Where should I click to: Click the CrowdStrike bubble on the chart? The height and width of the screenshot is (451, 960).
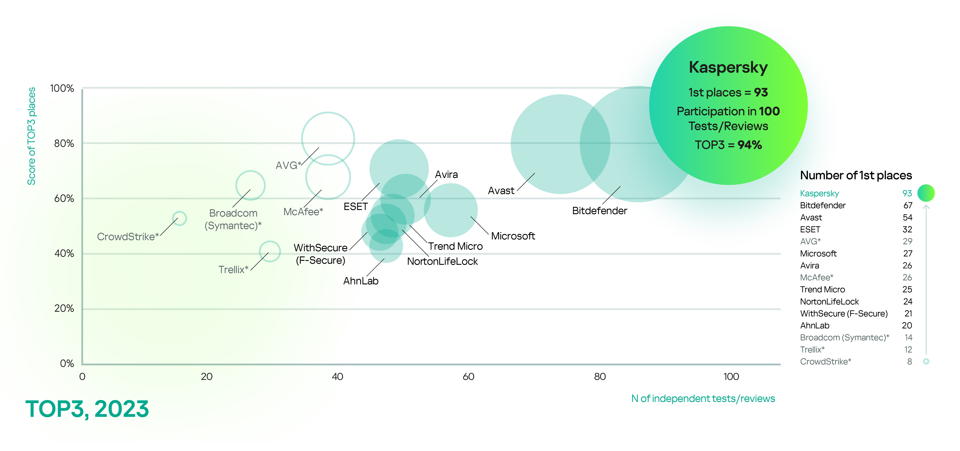point(179,218)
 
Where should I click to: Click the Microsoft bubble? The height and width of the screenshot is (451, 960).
point(451,210)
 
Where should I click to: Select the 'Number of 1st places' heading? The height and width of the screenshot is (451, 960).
point(856,175)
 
